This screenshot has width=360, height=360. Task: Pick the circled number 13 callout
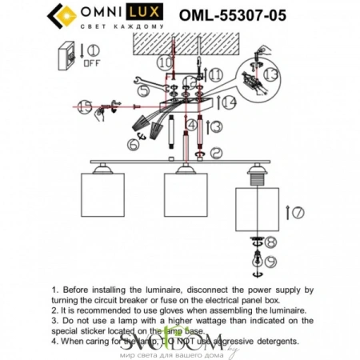point(272,76)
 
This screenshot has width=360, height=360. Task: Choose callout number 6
point(133,146)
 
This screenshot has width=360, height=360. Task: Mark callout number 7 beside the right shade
point(298,214)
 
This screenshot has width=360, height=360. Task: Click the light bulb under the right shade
point(257,258)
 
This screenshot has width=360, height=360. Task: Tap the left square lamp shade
point(106,198)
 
